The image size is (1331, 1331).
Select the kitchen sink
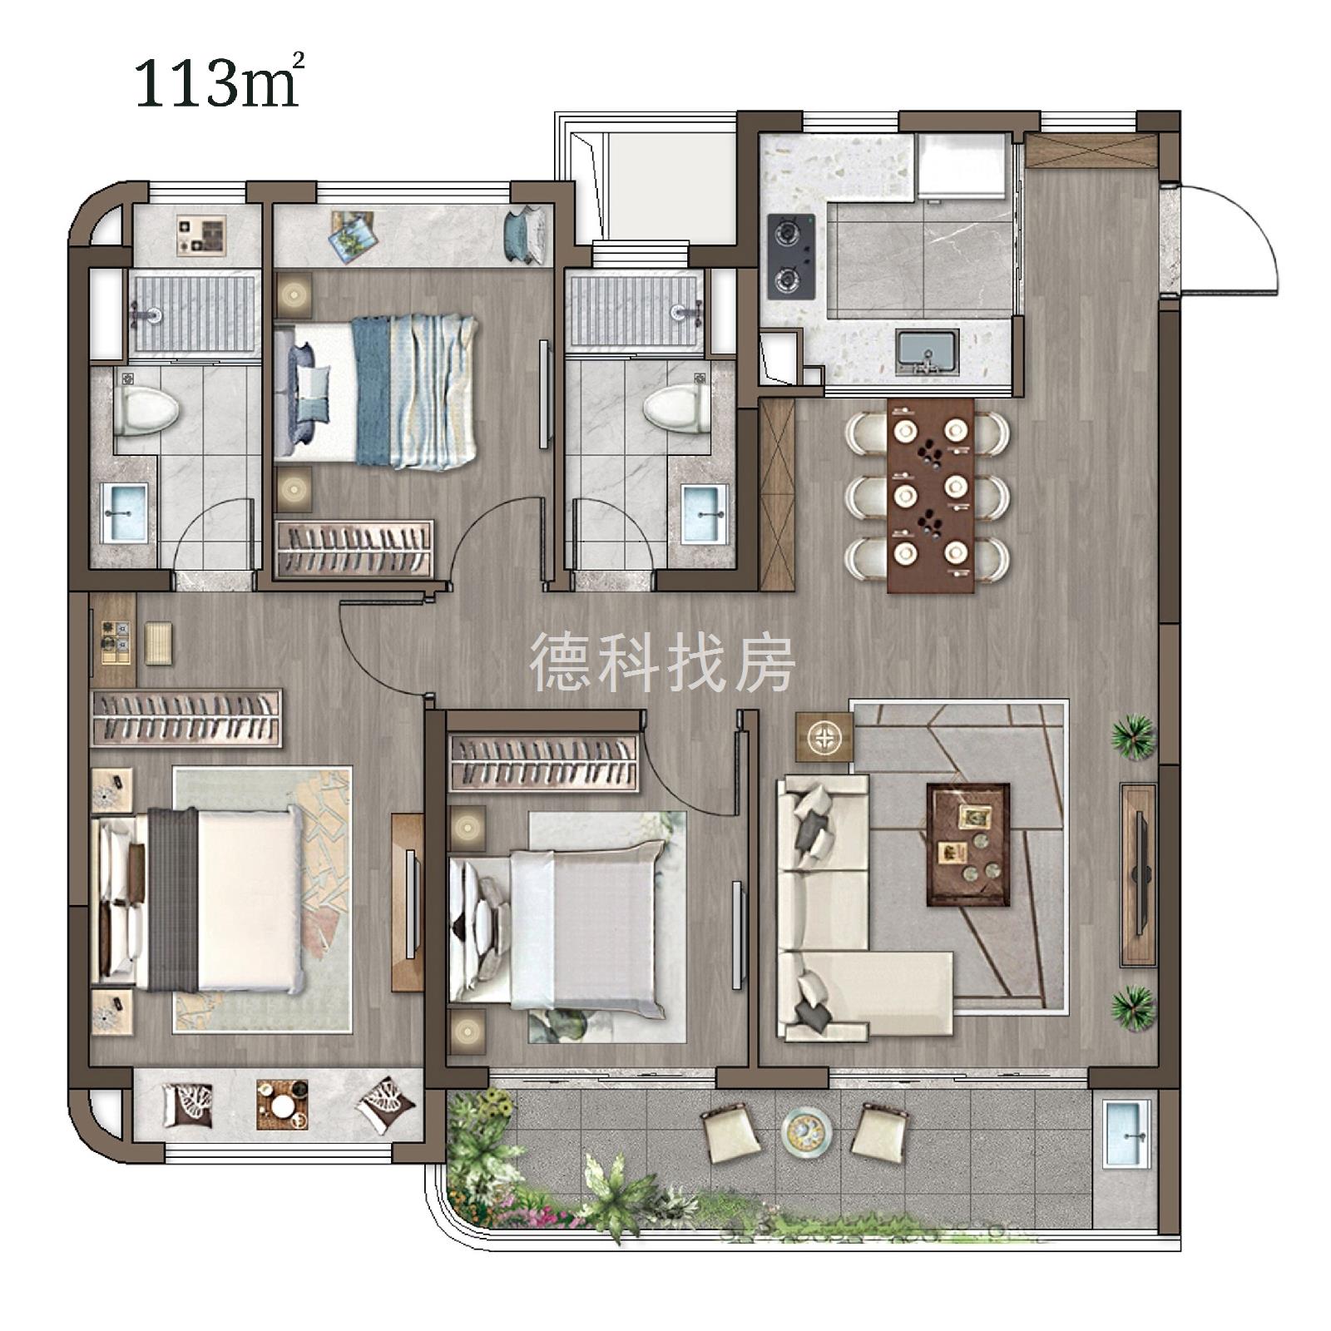point(927,350)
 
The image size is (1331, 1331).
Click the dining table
point(930,496)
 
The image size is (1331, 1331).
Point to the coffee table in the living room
point(968,844)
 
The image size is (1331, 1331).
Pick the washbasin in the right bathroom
point(704,513)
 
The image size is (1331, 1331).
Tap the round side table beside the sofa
point(824,736)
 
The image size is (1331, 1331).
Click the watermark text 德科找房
point(663,662)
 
